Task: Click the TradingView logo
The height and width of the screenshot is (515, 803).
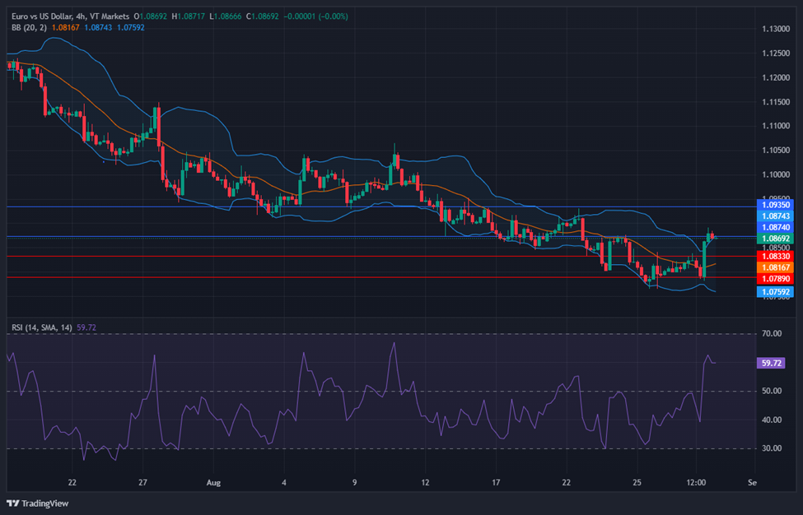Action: (38, 502)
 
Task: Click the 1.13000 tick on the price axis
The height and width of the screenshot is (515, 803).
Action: (775, 29)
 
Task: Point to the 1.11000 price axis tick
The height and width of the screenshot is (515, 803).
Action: (775, 126)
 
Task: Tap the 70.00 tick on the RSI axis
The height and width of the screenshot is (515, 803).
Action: (772, 334)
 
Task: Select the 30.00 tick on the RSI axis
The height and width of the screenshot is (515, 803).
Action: (772, 449)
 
